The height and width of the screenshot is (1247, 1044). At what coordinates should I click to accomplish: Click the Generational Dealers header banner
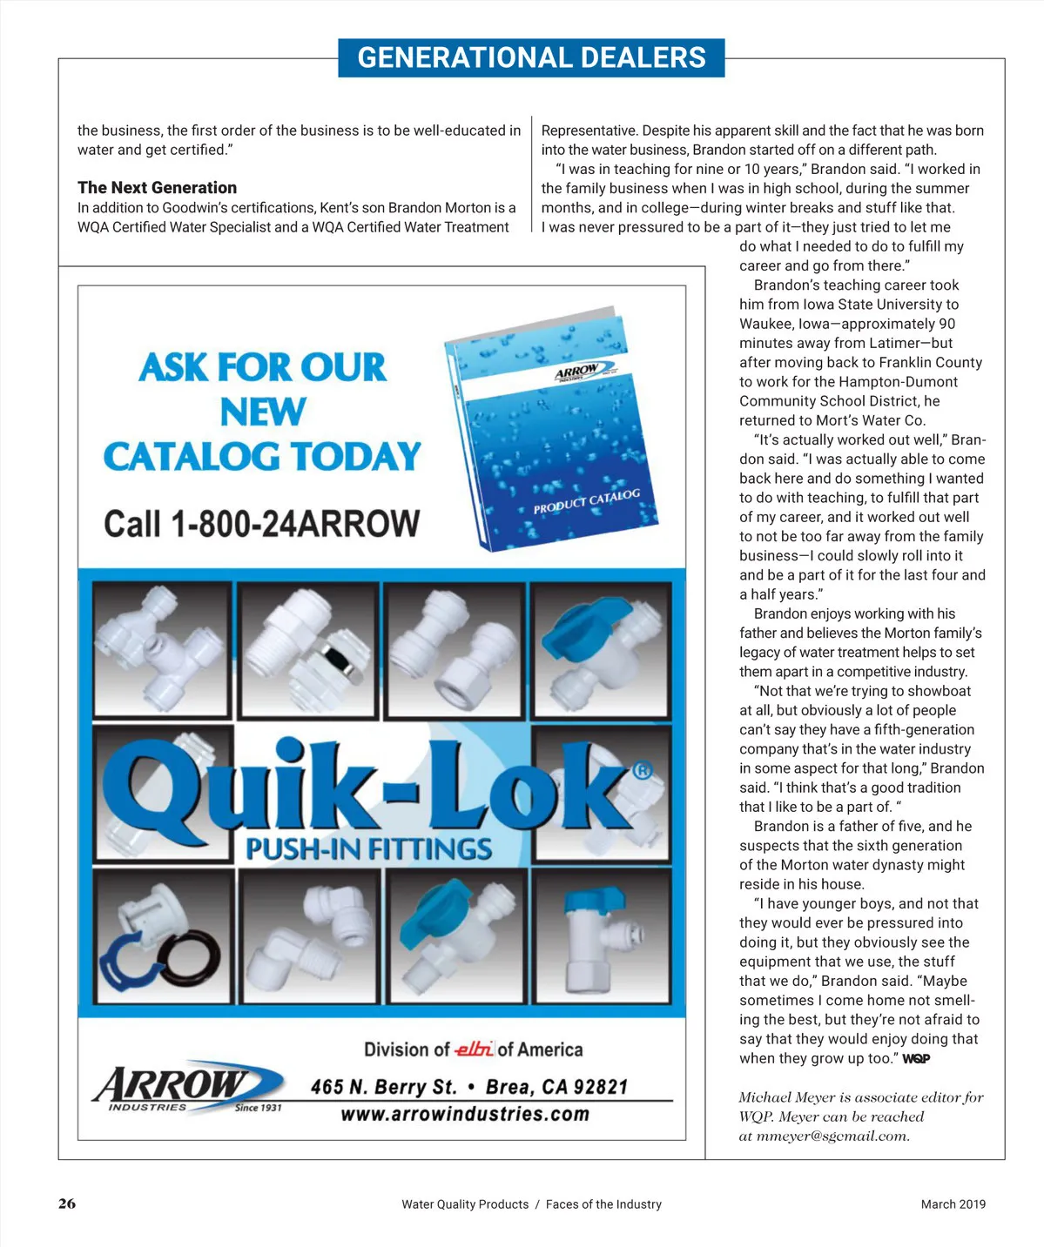click(x=531, y=57)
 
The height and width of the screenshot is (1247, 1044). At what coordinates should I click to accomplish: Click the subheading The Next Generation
click(x=157, y=187)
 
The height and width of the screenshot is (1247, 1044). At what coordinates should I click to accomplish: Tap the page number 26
click(x=67, y=1203)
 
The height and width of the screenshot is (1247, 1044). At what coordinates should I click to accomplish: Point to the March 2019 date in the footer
click(x=953, y=1204)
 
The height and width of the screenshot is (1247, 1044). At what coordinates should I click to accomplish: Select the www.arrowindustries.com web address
click(x=464, y=1114)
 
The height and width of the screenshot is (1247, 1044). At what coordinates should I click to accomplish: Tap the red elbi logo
click(x=474, y=1049)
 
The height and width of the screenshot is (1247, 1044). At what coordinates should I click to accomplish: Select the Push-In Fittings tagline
click(x=368, y=848)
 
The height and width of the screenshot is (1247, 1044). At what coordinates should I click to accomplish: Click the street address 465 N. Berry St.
click(x=383, y=1087)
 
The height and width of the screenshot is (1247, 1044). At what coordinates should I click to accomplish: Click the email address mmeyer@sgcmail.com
click(x=832, y=1136)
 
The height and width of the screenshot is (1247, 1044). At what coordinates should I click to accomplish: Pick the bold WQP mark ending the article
click(x=916, y=1059)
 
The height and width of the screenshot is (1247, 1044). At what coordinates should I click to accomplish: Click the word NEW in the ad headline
click(x=262, y=412)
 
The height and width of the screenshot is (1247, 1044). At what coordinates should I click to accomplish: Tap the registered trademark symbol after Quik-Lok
click(x=642, y=770)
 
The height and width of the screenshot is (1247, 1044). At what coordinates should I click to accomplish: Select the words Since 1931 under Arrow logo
click(x=258, y=1108)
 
